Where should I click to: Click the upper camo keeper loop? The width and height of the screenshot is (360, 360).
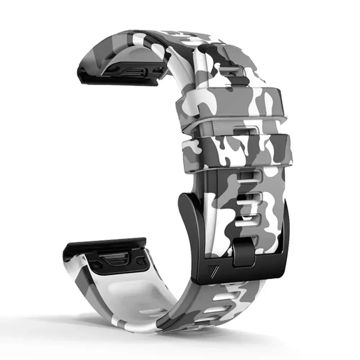point(230,104)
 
